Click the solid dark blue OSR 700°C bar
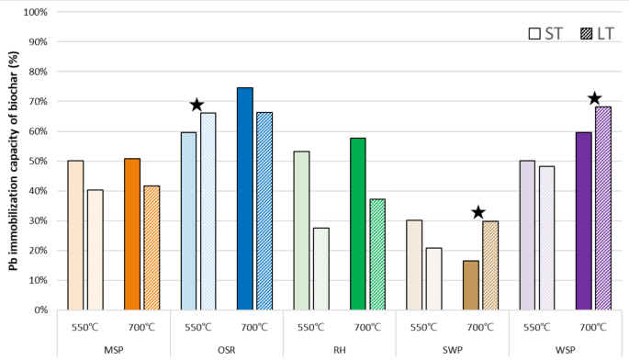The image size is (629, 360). click(245, 198)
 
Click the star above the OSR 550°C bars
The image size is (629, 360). click(196, 105)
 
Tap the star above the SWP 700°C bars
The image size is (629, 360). click(477, 212)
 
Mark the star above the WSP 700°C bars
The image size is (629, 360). click(594, 98)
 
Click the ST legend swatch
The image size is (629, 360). click(535, 34)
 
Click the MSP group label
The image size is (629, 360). click(114, 350)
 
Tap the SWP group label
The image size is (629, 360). click(452, 350)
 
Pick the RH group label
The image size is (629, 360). click(339, 350)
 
